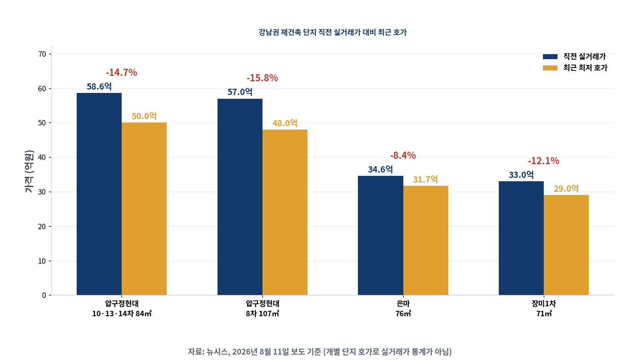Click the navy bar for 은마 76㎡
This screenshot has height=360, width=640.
coord(380,235)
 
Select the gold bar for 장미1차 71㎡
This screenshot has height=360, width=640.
coord(566,245)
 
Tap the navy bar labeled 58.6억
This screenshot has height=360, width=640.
coord(99,194)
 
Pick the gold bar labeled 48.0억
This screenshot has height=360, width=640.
coord(285,212)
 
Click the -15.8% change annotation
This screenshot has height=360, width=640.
coord(262,78)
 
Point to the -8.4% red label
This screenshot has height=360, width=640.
coord(403,155)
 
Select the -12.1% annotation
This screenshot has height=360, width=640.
coord(543,161)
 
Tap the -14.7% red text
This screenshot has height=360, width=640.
coord(121,72)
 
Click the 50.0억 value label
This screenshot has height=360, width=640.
coord(144,116)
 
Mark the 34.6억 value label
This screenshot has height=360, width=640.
coord(380,170)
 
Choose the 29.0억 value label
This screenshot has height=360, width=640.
coord(566,189)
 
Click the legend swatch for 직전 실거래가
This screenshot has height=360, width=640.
coord(550,57)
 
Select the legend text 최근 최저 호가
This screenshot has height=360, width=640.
coord(585,68)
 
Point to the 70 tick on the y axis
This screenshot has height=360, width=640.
coord(42,54)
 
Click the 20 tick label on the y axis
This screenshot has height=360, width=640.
coord(42,227)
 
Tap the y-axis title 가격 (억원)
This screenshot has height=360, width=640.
coord(29,171)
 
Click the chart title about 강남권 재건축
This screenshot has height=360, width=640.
coord(332,32)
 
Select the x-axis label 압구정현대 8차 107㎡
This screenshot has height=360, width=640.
coord(262,309)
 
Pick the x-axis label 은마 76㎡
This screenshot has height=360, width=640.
coord(403,309)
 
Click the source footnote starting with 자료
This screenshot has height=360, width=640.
coord(320,352)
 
